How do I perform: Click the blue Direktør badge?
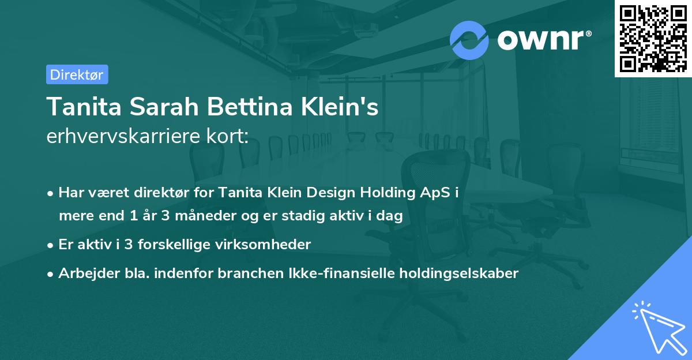coord(77,74)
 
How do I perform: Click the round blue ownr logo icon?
coord(469,39)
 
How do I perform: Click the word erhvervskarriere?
coord(121,136)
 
